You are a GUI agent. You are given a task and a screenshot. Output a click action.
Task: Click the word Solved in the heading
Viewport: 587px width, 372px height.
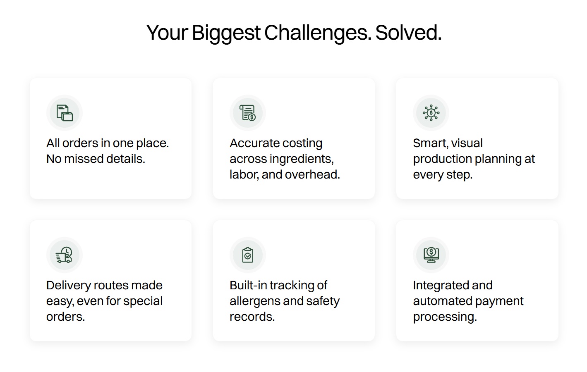pyautogui.click(x=408, y=33)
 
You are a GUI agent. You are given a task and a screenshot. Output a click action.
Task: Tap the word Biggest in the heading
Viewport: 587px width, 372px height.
pyautogui.click(x=226, y=33)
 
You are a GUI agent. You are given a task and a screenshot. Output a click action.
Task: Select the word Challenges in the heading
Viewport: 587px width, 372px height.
pyautogui.click(x=318, y=33)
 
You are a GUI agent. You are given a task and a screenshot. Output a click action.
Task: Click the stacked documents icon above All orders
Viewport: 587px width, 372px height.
pyautogui.click(x=65, y=113)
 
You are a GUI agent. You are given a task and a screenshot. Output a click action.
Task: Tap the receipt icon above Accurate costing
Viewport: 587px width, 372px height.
pyautogui.click(x=248, y=113)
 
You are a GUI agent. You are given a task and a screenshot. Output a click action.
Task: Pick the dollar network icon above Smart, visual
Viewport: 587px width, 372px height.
pyautogui.click(x=431, y=113)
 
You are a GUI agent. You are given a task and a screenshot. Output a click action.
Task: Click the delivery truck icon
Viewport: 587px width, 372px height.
pyautogui.click(x=64, y=255)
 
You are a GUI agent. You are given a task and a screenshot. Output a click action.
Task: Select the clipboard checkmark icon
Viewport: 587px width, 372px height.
pyautogui.click(x=248, y=255)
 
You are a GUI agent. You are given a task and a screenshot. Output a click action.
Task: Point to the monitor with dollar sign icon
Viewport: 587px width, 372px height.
pyautogui.click(x=431, y=255)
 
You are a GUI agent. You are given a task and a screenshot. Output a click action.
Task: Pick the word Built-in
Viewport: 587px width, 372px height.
pyautogui.click(x=248, y=285)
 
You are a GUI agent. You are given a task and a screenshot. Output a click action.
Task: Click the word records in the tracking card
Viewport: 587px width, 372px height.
pyautogui.click(x=252, y=317)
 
